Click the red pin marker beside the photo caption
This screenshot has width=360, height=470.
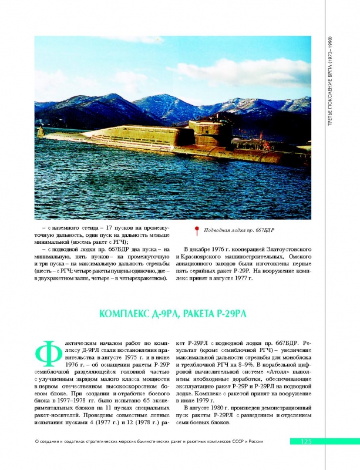(x=197, y=231)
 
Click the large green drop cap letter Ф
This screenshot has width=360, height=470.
(x=46, y=355)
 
